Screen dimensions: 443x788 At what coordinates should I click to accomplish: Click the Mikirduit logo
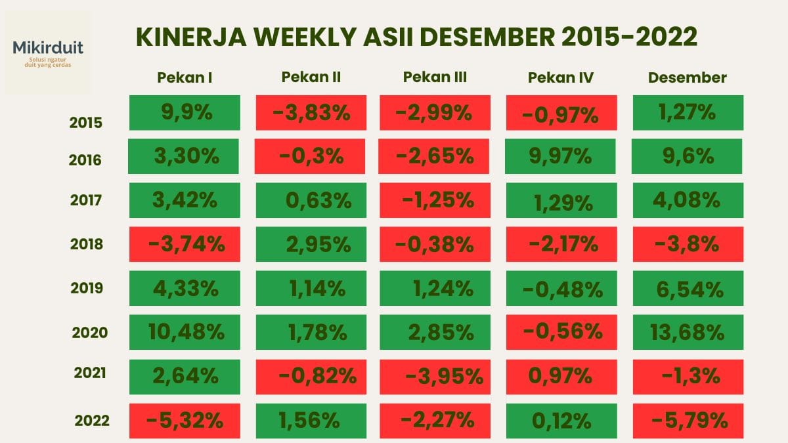(48, 52)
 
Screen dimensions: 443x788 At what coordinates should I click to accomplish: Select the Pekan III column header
(435, 77)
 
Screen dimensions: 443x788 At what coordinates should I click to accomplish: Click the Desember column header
(688, 77)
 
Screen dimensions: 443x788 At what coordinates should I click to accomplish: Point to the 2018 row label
(87, 244)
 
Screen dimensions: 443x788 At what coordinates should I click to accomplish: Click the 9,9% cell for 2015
(185, 112)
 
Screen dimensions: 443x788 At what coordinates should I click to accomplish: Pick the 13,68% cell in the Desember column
(688, 332)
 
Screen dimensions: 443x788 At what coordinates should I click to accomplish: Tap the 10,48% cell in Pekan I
(185, 332)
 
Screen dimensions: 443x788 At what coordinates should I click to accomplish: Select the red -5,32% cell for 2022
(185, 421)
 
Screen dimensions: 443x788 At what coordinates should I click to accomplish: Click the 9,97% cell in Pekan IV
(561, 156)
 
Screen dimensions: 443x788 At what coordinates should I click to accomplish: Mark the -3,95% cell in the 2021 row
(435, 376)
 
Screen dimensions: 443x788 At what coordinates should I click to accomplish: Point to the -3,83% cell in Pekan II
(310, 112)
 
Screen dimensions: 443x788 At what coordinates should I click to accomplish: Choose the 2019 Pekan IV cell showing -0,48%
(561, 288)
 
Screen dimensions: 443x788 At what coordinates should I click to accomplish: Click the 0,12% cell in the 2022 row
(561, 421)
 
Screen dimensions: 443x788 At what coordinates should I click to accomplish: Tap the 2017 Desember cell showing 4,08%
(688, 200)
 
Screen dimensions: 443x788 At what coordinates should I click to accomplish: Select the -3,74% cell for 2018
(185, 244)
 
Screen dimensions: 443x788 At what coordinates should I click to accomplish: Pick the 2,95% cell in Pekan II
(310, 244)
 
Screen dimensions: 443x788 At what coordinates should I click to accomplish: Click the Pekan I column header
(185, 77)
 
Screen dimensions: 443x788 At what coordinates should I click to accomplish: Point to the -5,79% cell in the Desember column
(688, 421)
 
